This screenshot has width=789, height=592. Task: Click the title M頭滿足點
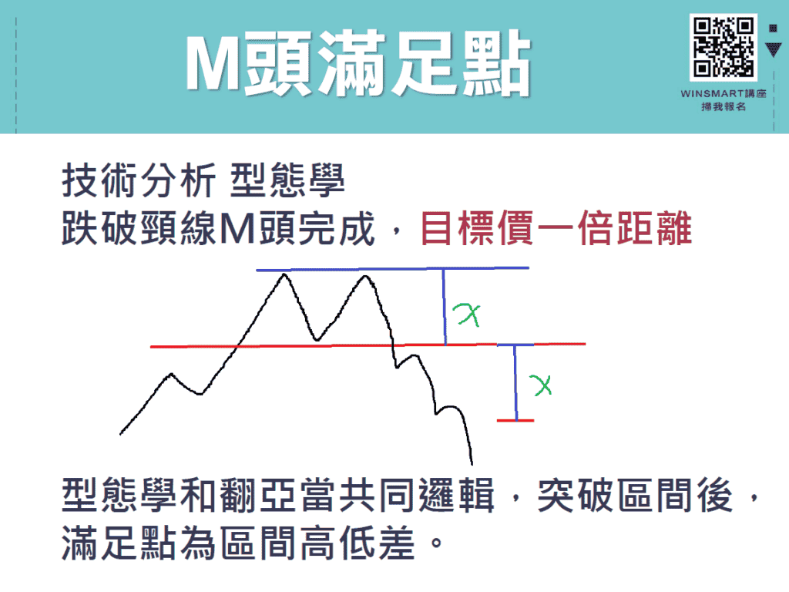pyautogui.click(x=358, y=66)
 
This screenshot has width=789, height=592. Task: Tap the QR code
pyautogui.click(x=724, y=47)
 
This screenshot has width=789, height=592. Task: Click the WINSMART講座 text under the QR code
pyautogui.click(x=724, y=93)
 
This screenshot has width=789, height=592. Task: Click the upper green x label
pyautogui.click(x=468, y=313)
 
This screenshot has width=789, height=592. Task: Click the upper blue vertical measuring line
pyautogui.click(x=445, y=307)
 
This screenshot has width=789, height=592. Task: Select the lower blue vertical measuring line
pyautogui.click(x=515, y=382)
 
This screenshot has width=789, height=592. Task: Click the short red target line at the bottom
pyautogui.click(x=515, y=420)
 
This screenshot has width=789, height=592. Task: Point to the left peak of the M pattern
pyautogui.click(x=286, y=274)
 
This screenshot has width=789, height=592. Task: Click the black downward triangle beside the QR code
pyautogui.click(x=774, y=50)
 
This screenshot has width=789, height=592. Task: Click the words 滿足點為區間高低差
pyautogui.click(x=243, y=544)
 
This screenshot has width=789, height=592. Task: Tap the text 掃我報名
pyautogui.click(x=724, y=107)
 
